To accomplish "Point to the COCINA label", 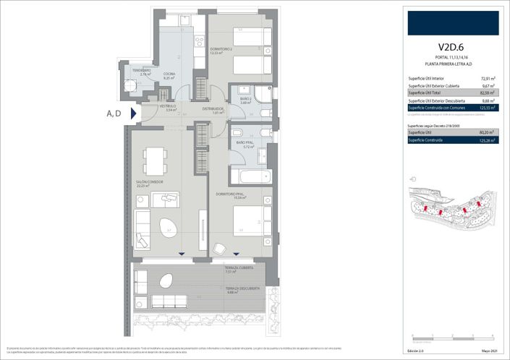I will pos(169,74).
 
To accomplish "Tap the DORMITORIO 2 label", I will pos(221,50).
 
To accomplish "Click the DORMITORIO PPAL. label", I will pos(231,194).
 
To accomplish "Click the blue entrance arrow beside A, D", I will pos(133,113).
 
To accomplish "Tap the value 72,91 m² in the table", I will pos(488,78).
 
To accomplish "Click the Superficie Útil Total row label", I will pos(426,93).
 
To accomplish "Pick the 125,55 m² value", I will pos(488,107).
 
